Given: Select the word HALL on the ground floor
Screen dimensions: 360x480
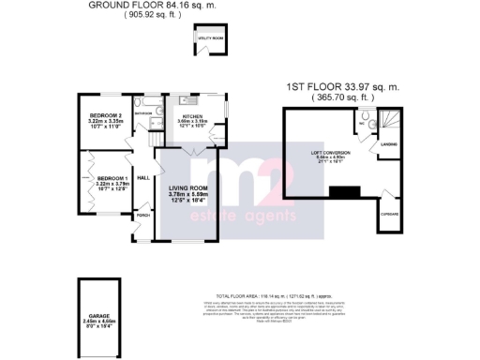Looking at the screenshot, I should (x=144, y=176).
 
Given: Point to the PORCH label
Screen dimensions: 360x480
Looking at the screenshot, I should (x=143, y=216).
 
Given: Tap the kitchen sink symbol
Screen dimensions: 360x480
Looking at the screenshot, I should (x=185, y=98).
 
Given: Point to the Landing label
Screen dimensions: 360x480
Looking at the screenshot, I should (x=389, y=143).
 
